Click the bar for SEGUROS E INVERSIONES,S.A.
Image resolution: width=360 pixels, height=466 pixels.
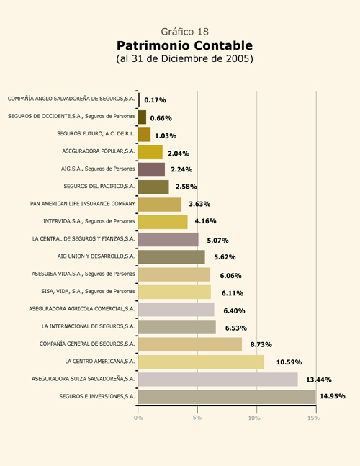pos(227,397)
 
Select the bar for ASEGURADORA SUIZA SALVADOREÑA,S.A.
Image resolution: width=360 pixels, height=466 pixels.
pos(218,380)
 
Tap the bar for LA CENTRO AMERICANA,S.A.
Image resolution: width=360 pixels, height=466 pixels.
pos(201,362)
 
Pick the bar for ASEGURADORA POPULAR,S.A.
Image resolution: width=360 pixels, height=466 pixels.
pos(150,152)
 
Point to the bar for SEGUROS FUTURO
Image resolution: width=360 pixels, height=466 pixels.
pos(144,135)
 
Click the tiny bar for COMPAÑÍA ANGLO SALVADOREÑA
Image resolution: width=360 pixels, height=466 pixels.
pos(139,99)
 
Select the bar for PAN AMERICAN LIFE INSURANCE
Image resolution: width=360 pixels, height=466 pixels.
pos(160,205)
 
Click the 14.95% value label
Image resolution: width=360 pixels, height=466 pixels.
pos(333,396)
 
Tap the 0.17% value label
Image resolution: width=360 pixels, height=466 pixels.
pos(155,100)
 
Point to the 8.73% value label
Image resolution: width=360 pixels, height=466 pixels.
pos(261,344)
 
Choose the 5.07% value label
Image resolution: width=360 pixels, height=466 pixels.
pos(217,241)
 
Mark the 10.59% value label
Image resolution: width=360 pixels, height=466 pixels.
pos(289,362)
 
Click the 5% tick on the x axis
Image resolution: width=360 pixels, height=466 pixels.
pos(197,418)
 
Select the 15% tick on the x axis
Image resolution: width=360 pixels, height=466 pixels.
pos(314,418)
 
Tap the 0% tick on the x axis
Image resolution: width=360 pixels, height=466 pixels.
pos(138,418)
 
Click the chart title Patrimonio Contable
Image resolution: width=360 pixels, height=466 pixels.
pos(184,45)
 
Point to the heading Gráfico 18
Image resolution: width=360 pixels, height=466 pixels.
pos(185,32)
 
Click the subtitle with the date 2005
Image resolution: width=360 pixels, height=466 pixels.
pos(184,58)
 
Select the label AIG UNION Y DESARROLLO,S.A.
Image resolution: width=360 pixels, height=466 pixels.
pos(96,256)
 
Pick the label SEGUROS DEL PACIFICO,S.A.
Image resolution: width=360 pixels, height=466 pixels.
pos(99,186)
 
